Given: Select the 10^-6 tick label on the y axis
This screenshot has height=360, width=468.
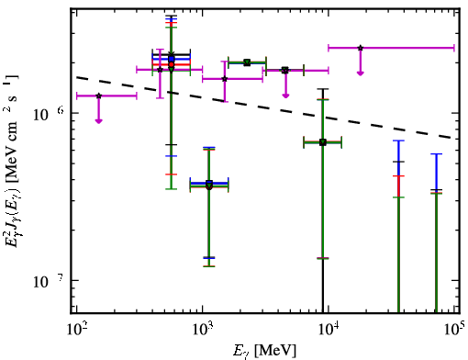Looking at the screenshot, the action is (49, 114).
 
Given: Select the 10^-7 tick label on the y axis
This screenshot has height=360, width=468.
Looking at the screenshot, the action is (49, 281).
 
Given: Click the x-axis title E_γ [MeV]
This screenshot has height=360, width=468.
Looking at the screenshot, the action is (264, 351).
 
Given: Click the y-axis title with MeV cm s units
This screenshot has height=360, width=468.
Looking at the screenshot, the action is (13, 160).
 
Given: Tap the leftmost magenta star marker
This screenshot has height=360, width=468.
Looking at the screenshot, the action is (98, 96).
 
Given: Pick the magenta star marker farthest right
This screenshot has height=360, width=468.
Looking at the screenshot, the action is (361, 48).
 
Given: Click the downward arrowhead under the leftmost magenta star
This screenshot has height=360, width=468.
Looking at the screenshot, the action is (98, 121).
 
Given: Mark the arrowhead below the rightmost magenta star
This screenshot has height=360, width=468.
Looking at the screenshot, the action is (361, 73).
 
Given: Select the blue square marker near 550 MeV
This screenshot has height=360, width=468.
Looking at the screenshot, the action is (172, 59).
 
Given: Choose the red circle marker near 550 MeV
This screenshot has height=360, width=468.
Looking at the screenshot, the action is (172, 64).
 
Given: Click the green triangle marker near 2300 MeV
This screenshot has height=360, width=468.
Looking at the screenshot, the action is (247, 62).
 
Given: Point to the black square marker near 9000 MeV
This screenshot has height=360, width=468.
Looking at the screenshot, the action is (323, 142).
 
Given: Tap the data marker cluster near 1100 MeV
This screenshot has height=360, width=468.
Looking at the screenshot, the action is (209, 185).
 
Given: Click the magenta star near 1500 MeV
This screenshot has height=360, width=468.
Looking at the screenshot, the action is (225, 79).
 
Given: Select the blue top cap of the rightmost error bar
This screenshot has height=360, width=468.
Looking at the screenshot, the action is (436, 154).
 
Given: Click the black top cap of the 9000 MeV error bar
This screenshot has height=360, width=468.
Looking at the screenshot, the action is (323, 89).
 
